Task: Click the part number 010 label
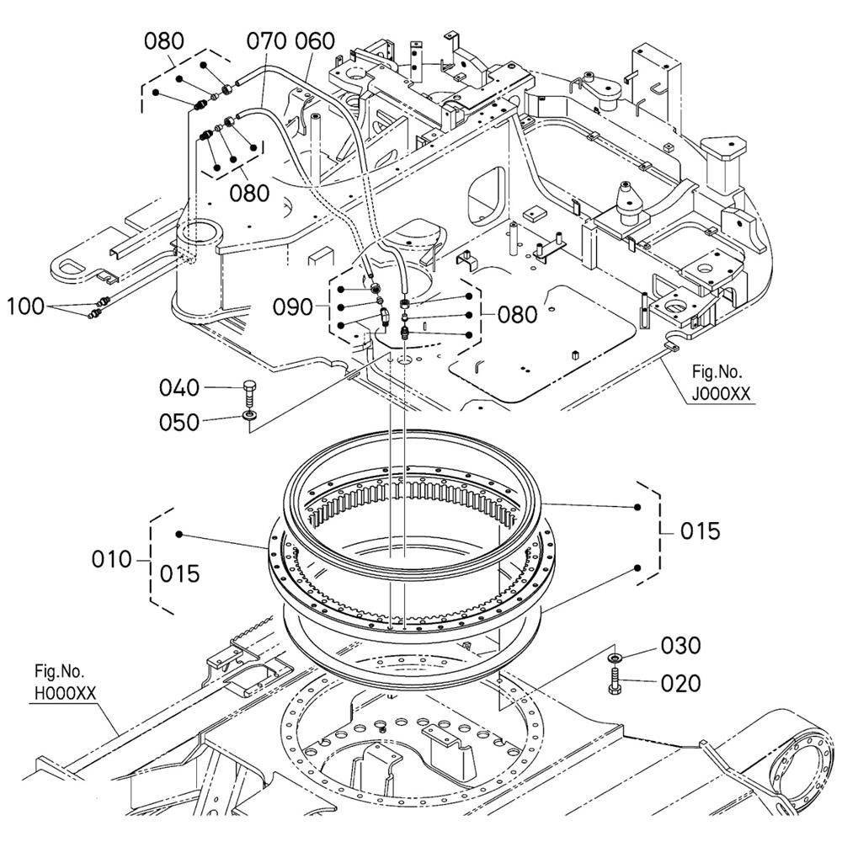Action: pos(113,559)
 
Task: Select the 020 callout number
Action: pos(681,683)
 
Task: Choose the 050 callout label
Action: pos(180,421)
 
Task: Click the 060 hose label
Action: pos(314,41)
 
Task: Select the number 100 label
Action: pos(26,306)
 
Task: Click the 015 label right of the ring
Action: pos(701,531)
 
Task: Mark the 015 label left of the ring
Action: pos(180,573)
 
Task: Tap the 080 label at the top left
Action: pos(164,40)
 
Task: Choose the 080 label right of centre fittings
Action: pos(517,314)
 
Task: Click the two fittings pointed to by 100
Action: pos(98,308)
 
